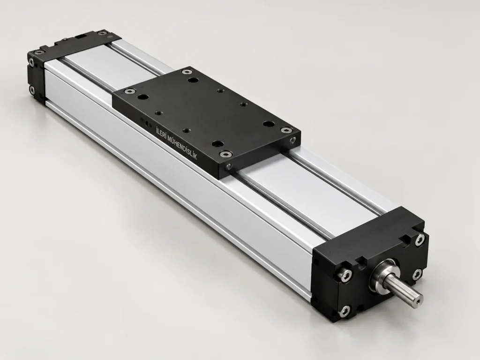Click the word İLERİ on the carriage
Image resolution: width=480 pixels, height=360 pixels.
(x=163, y=135)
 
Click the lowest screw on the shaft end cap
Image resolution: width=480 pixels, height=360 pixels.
(x=345, y=311)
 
